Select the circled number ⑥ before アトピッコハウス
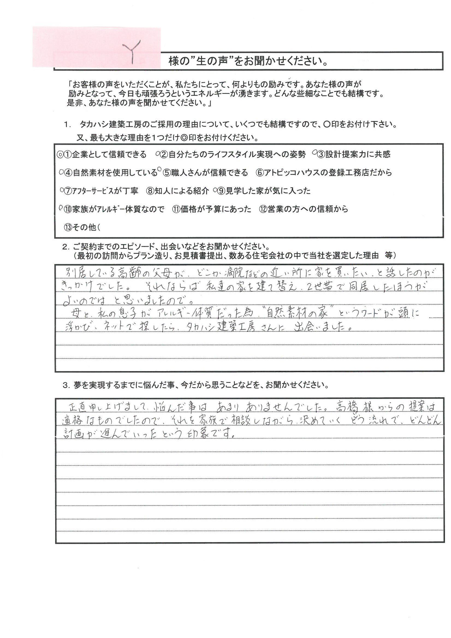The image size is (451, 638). [260, 173]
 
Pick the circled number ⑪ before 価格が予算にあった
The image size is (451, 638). [176, 209]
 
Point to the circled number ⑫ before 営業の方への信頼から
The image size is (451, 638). [263, 209]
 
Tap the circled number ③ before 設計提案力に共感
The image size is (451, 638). [321, 154]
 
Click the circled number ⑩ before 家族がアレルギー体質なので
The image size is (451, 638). [68, 209]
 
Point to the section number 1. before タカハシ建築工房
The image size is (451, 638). [67, 125]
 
